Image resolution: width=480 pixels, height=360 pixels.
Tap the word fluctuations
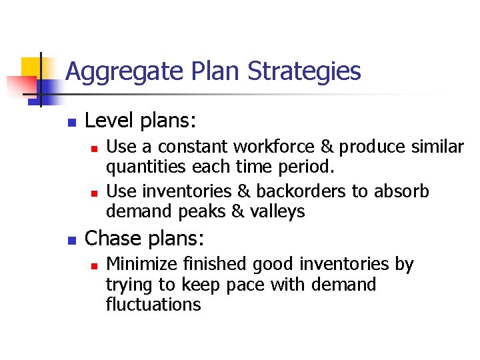tap(153, 305)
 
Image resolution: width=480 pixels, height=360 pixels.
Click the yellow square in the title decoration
tap(31, 68)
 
